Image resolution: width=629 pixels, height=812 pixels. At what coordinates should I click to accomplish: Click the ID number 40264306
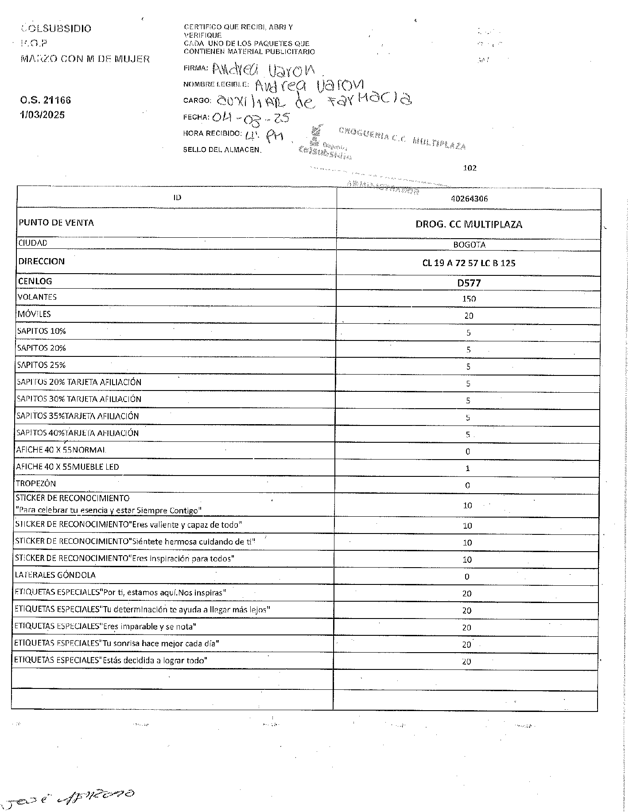pyautogui.click(x=469, y=199)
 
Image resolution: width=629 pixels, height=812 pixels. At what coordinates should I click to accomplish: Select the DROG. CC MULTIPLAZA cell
pyautogui.click(x=469, y=224)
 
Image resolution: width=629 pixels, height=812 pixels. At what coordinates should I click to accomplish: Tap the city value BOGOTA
pyautogui.click(x=469, y=244)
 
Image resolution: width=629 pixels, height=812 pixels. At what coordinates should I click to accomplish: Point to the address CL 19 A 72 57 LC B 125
pyautogui.click(x=469, y=263)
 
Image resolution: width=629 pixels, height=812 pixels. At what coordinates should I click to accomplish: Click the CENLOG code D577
pyautogui.click(x=469, y=283)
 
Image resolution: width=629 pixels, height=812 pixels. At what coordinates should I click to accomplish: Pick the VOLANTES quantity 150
pyautogui.click(x=469, y=299)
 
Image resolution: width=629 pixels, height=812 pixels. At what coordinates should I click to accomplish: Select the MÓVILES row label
pyautogui.click(x=34, y=314)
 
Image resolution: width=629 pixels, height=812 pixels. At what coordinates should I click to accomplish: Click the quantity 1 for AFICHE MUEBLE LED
pyautogui.click(x=468, y=468)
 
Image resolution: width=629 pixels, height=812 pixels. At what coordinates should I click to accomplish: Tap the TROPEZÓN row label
pyautogui.click(x=36, y=483)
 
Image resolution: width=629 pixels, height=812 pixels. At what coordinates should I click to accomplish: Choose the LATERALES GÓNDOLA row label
pyautogui.click(x=55, y=575)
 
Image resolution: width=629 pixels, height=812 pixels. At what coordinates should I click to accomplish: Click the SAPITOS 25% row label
pyautogui.click(x=41, y=365)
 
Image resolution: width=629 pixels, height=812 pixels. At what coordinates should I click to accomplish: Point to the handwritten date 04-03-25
pyautogui.click(x=250, y=118)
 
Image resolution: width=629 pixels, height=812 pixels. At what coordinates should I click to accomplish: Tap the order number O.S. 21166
pyautogui.click(x=45, y=100)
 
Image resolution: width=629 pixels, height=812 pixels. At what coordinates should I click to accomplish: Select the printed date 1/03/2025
pyautogui.click(x=42, y=115)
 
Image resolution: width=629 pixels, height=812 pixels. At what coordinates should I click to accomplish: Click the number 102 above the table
pyautogui.click(x=469, y=168)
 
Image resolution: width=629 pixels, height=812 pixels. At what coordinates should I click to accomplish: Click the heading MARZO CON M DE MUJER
pyautogui.click(x=85, y=59)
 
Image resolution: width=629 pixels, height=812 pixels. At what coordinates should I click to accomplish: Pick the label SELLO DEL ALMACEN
pyautogui.click(x=222, y=150)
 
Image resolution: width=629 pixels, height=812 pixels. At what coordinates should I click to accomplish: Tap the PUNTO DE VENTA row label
pyautogui.click(x=56, y=223)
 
